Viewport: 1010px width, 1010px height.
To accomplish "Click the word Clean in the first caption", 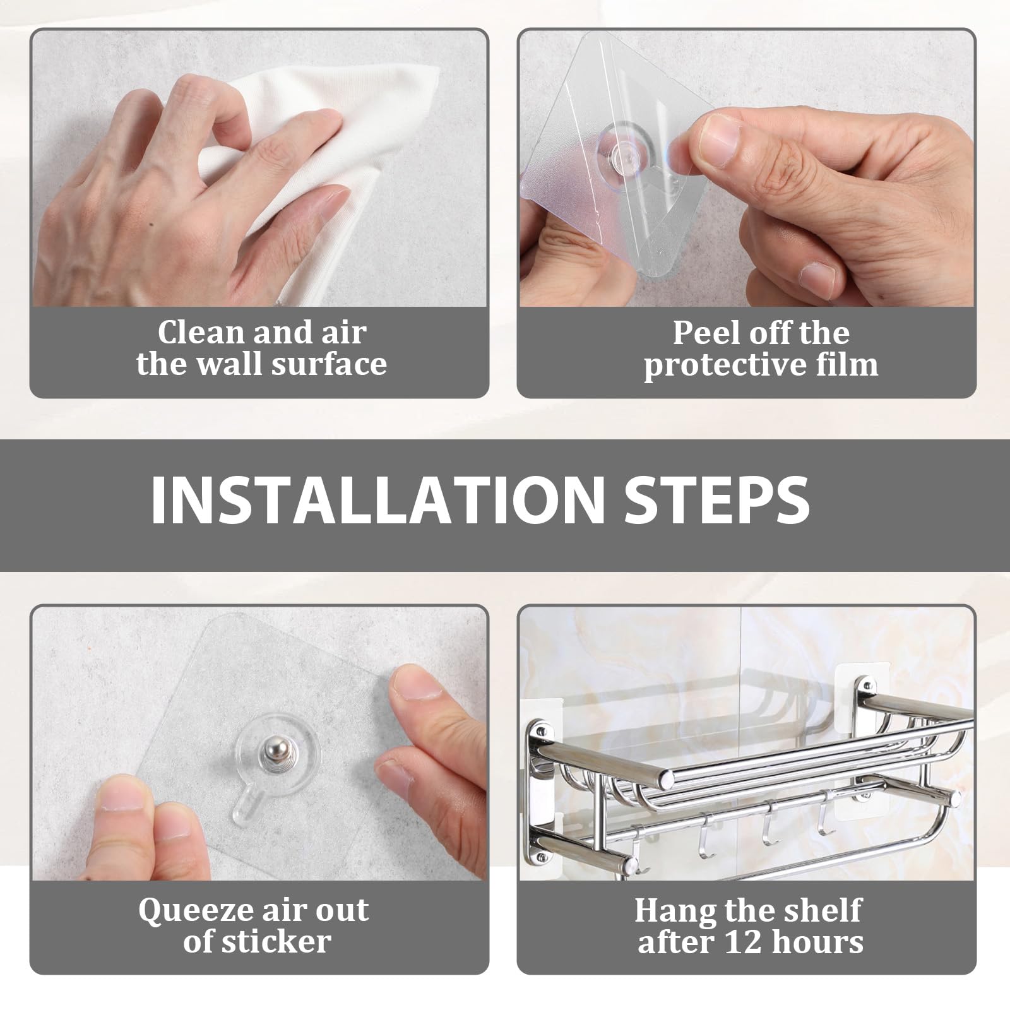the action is click(x=200, y=333).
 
